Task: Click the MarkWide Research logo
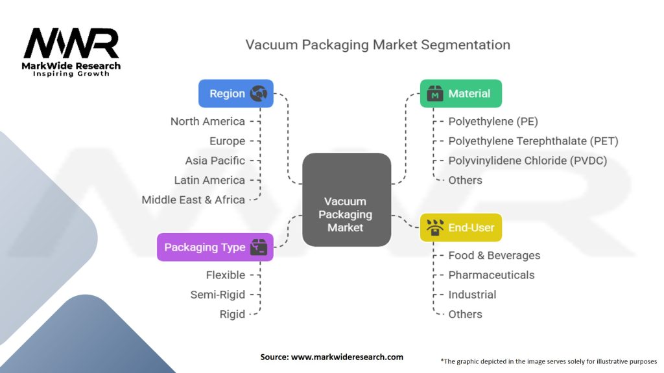click(x=71, y=51)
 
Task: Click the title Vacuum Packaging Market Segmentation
click(x=377, y=45)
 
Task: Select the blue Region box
click(x=235, y=93)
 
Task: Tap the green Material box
click(x=460, y=93)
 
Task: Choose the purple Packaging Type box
click(x=215, y=247)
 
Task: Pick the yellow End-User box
click(x=460, y=227)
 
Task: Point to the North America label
click(x=207, y=121)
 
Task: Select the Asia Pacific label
click(x=215, y=161)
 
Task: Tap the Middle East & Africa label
click(x=193, y=199)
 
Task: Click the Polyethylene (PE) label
click(x=493, y=121)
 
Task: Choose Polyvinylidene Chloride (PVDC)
click(x=527, y=161)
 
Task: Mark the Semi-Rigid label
click(x=217, y=295)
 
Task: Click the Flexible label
click(x=225, y=275)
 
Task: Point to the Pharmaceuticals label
click(x=491, y=275)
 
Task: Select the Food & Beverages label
click(x=494, y=256)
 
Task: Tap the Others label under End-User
click(x=465, y=314)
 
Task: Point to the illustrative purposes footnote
click(x=549, y=361)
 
